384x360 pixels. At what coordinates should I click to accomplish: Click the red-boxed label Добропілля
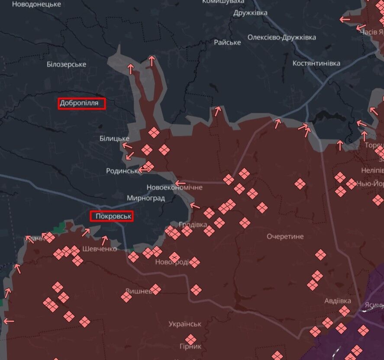82,103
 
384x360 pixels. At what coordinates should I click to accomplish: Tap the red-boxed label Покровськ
111,216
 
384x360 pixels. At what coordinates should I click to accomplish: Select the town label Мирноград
145,198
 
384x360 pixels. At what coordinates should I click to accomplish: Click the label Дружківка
250,13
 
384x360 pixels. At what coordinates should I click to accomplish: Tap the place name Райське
227,42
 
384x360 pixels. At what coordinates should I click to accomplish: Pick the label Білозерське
66,64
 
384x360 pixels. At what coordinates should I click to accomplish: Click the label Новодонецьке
36,4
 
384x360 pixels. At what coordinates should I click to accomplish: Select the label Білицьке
114,138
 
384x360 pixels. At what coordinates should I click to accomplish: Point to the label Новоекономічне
174,188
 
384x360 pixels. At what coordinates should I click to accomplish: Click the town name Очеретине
285,237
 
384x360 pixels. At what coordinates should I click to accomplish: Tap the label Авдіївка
338,301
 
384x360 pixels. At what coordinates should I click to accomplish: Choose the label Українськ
185,324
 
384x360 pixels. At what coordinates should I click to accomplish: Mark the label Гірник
190,347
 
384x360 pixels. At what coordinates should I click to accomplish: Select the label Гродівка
193,225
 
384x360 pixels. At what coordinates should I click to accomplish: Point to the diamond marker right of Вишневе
155,289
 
